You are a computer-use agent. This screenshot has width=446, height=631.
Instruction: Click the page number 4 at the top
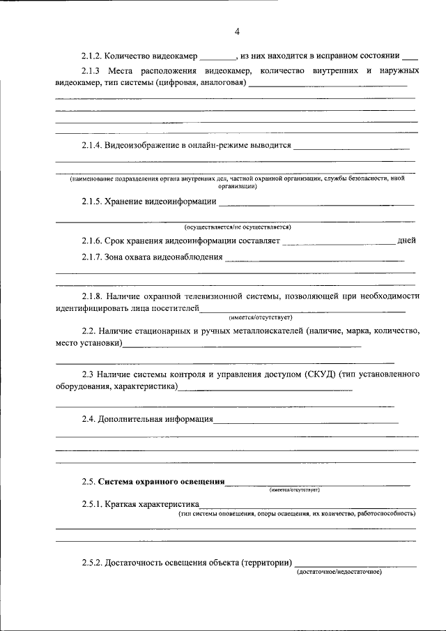point(237,31)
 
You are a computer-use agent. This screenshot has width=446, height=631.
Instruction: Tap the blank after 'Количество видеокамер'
point(219,56)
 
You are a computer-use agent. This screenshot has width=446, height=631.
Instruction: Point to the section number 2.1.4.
point(92,146)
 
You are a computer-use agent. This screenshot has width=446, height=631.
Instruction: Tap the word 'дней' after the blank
point(406,241)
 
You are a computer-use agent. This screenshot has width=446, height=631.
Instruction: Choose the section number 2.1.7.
point(92,257)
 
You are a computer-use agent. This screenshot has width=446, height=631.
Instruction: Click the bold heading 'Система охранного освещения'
point(161,481)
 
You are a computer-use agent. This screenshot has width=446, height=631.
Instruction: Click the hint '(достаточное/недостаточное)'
point(339,572)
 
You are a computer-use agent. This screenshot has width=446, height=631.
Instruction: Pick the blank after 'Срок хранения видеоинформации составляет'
point(339,242)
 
